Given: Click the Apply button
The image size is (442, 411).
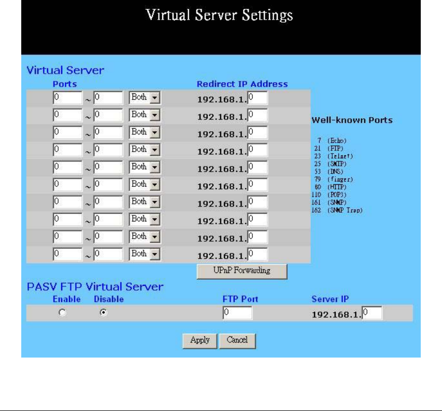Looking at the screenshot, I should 199,340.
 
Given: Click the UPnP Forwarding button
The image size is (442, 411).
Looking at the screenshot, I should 241,271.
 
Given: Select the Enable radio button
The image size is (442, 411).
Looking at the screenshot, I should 62,313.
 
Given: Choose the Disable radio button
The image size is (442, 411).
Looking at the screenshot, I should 103,313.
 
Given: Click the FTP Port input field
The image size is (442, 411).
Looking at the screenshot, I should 237,313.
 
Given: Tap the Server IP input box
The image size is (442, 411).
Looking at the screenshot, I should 372,313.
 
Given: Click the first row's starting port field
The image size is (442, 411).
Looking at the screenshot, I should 67,98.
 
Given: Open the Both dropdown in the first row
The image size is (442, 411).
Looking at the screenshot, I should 144,98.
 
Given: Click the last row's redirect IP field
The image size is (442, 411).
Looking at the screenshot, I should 258,254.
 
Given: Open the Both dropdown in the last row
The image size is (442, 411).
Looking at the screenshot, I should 144,254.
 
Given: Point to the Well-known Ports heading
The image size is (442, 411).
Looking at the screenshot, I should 352,120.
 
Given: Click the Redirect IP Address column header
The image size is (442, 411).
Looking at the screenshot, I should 242,84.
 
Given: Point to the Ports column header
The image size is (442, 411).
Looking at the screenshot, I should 64,84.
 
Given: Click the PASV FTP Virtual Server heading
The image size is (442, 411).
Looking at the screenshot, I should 95,286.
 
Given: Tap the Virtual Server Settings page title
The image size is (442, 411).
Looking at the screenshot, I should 220,15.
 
